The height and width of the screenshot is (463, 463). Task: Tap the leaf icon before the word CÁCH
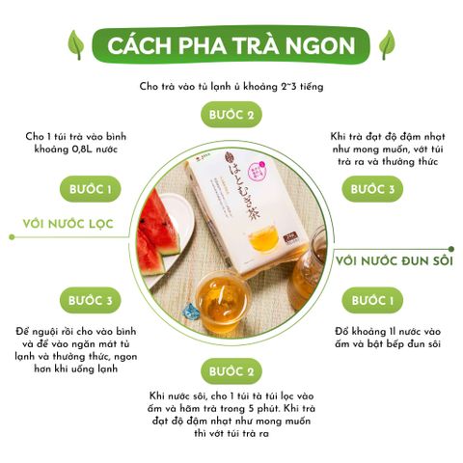coord(76,44)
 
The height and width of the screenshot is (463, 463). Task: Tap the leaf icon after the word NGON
coord(387,44)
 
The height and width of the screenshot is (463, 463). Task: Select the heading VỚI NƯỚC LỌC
coord(68,224)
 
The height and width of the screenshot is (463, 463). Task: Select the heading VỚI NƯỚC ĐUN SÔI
coord(395,260)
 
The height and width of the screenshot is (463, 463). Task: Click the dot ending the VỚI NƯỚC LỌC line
coord(12,237)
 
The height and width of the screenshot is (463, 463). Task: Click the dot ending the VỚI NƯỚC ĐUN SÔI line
coord(451,249)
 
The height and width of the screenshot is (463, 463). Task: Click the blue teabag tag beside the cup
coord(190,312)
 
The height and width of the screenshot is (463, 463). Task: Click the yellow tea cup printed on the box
coord(263,238)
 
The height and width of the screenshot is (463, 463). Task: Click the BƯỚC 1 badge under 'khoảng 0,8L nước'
coord(91,189)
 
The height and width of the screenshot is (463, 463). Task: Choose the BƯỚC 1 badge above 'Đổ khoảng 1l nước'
coord(372,301)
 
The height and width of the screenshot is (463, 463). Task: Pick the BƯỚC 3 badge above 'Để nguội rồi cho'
coord(91,301)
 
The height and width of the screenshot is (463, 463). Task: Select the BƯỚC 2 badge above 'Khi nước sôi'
coord(231,371)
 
